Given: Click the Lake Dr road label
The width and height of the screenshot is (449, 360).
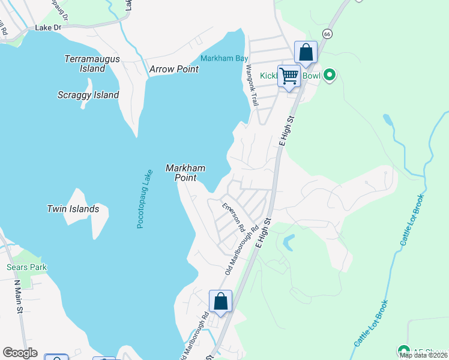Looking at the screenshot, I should point(48,28).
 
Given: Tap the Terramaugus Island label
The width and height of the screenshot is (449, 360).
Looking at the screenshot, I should point(92,64).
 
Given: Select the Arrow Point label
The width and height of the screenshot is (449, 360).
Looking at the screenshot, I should point(174,69).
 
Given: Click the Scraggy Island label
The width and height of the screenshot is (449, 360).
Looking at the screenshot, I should point(88,95).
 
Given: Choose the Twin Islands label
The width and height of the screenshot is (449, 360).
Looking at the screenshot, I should point(73,209).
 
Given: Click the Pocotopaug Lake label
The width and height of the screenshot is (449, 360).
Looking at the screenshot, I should point(142,199).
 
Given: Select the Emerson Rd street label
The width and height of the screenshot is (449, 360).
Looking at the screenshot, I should point(234,217).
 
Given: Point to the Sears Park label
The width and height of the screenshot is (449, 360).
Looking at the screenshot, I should point(26,267).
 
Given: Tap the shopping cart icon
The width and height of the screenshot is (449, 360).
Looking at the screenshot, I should point(289,76).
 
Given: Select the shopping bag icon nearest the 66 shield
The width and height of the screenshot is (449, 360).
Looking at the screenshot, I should point(306,52).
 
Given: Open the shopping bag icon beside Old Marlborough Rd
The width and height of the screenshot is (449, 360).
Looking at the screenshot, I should point(220,301).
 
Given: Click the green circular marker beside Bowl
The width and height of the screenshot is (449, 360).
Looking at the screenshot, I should point(329,76).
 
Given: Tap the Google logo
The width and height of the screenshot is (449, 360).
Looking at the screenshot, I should point(20,353).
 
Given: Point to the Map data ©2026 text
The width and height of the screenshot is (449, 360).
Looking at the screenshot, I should point(424,355).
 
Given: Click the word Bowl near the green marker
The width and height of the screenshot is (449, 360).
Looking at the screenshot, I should point(312,76).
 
